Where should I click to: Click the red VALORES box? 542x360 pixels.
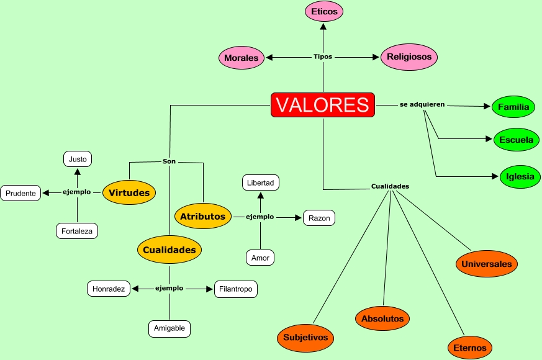(323, 105)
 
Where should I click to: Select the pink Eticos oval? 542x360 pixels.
(324, 11)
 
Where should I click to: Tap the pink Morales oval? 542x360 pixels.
(241, 58)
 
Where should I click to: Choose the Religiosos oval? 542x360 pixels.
(409, 56)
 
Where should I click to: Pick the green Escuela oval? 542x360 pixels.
(516, 140)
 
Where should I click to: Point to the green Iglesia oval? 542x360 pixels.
(519, 176)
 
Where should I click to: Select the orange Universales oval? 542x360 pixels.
(487, 264)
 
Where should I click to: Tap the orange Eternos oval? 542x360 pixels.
(470, 348)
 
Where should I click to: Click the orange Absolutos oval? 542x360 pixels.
(382, 318)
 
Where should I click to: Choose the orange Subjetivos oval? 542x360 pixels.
(305, 338)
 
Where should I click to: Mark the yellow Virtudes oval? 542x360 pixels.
(129, 192)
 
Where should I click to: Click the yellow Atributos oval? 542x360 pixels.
(203, 216)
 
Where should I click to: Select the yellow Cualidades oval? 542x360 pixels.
(169, 250)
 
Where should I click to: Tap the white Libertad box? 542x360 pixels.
(261, 182)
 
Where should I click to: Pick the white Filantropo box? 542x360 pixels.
(235, 289)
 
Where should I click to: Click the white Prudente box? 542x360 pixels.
(20, 193)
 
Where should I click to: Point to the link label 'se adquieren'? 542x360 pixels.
(422, 104)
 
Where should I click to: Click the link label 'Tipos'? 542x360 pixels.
(323, 56)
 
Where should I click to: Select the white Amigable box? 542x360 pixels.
(169, 328)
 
